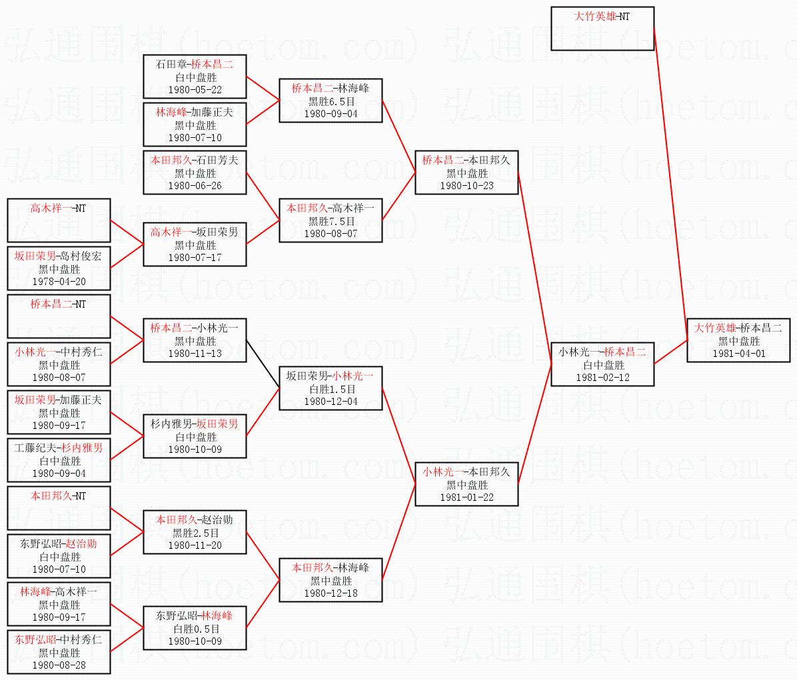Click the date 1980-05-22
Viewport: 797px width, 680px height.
(195, 90)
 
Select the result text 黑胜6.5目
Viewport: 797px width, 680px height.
(331, 101)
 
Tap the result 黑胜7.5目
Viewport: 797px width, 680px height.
(331, 221)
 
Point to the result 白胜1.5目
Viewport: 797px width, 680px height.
(331, 390)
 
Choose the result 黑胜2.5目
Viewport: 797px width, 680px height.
(195, 533)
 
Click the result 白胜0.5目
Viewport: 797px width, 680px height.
(195, 629)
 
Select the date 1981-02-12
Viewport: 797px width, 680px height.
(602, 378)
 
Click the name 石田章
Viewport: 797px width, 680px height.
(171, 65)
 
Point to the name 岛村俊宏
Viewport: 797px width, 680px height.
(81, 256)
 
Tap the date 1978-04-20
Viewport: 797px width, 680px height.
(59, 281)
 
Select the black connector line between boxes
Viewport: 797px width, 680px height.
(263, 364)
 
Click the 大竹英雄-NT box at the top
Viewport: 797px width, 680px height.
(602, 28)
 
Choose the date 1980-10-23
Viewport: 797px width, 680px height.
(466, 186)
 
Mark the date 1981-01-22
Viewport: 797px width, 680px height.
(466, 498)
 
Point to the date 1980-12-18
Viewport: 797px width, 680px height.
(331, 593)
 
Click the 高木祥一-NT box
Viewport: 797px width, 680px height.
(59, 220)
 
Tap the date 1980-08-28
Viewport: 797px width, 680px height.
(59, 665)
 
